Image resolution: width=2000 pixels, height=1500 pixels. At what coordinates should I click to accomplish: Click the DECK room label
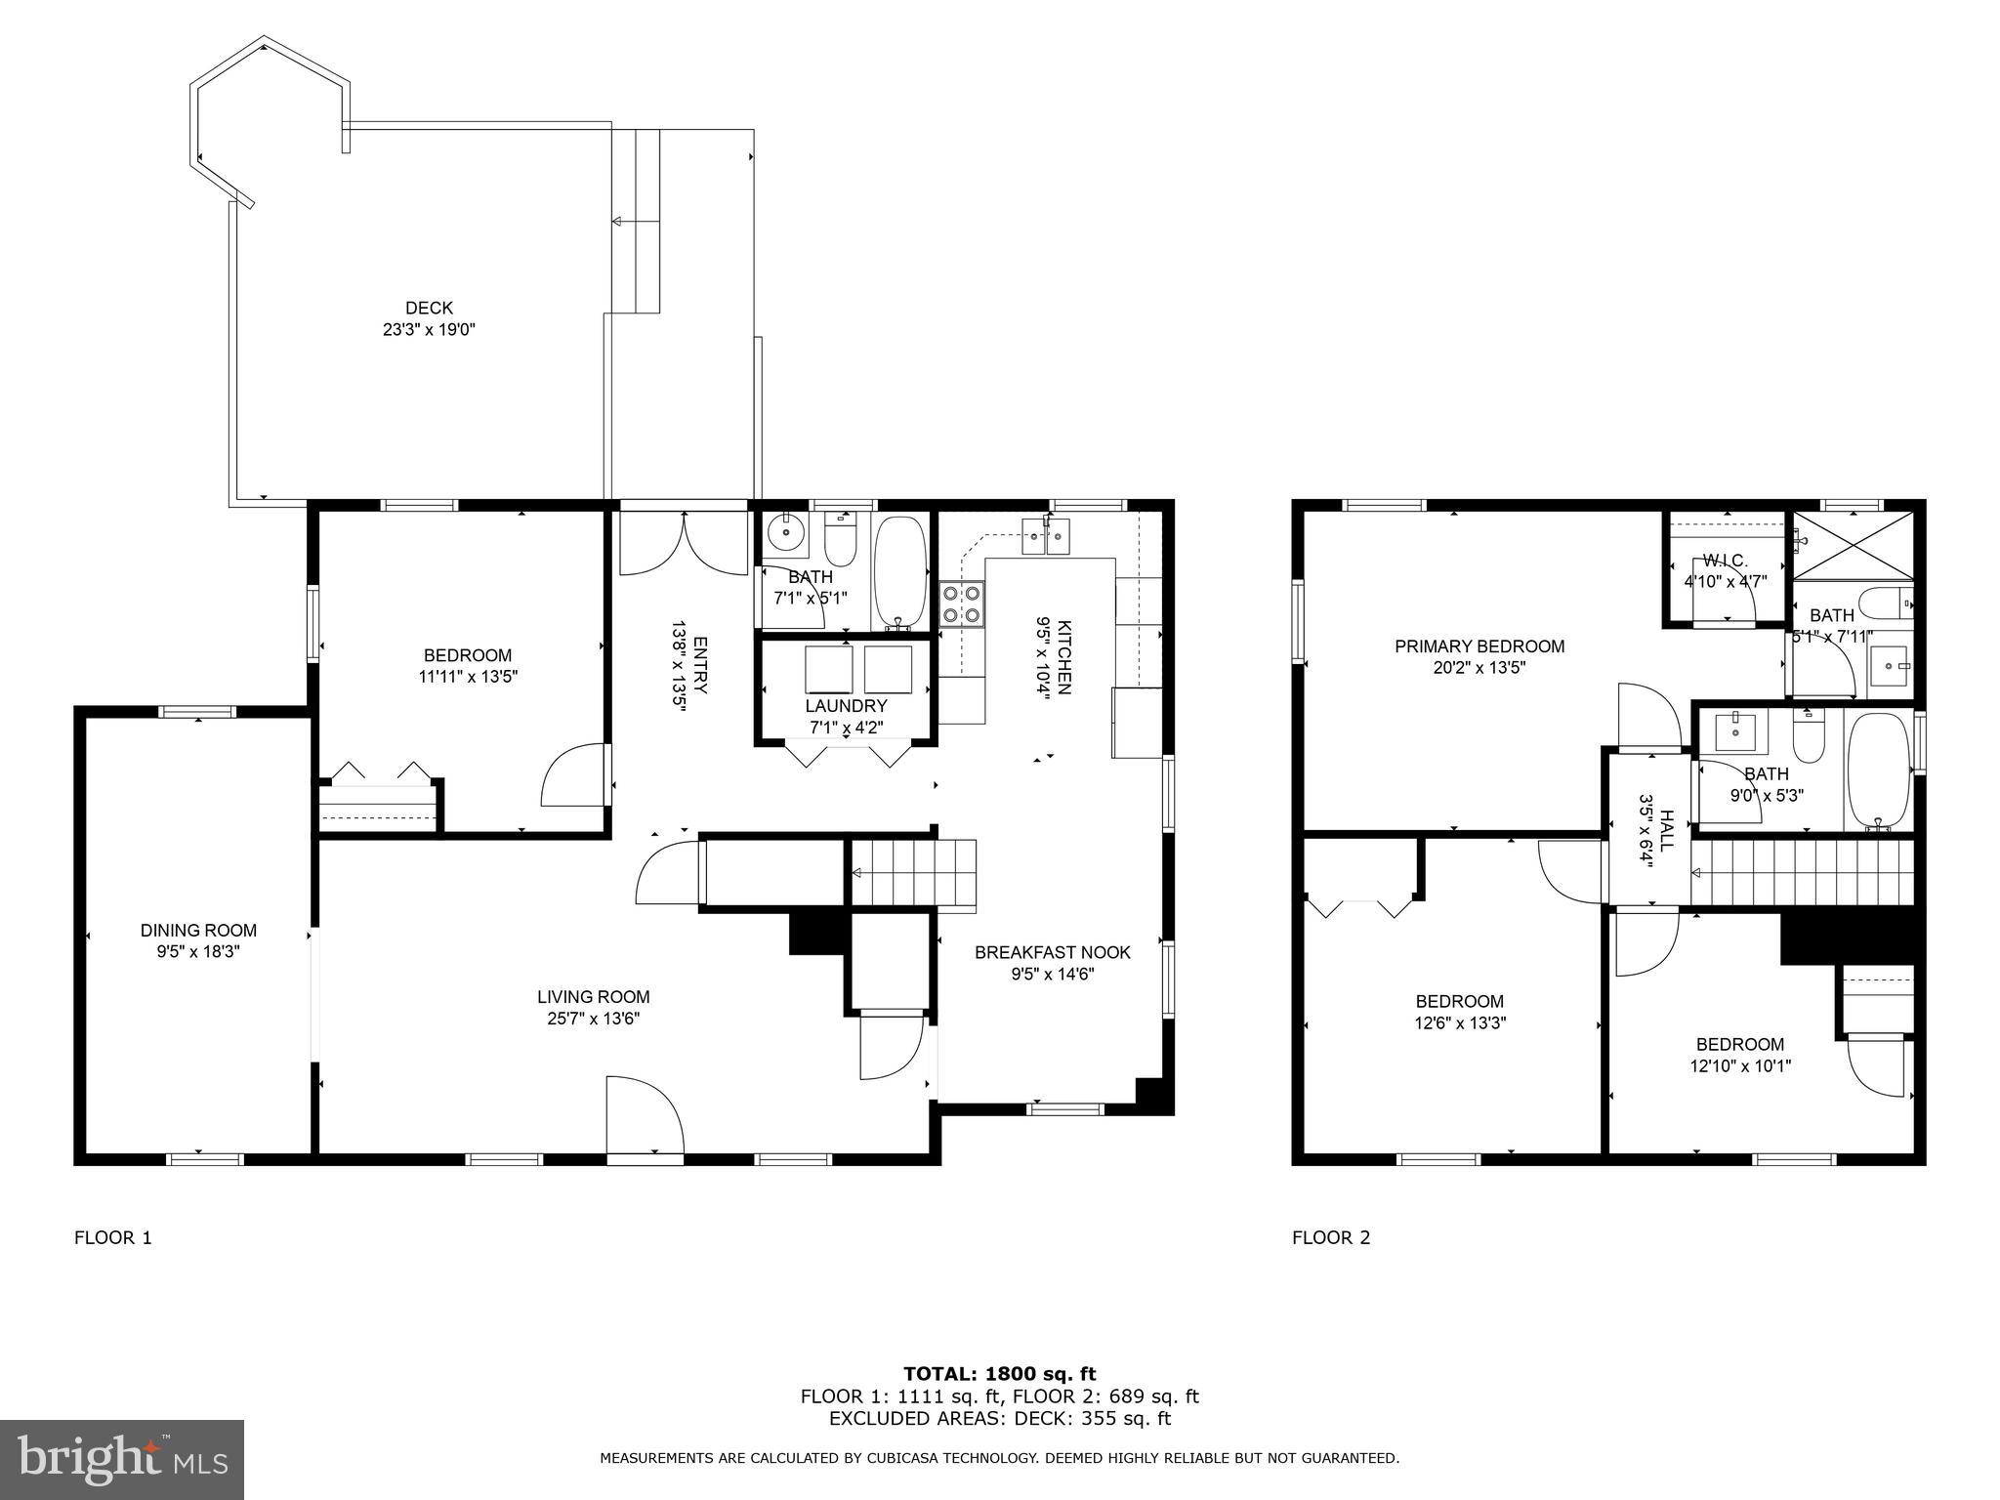(x=429, y=309)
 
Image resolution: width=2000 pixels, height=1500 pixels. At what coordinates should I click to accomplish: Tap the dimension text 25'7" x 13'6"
(x=593, y=1019)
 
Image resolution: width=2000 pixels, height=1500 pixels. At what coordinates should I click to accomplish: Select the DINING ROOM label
(x=198, y=931)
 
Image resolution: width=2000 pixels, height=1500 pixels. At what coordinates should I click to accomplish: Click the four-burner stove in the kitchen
(x=962, y=604)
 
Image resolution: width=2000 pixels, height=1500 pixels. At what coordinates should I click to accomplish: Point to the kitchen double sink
(x=1046, y=536)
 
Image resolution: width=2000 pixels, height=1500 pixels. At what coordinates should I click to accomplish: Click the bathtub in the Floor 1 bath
(x=899, y=571)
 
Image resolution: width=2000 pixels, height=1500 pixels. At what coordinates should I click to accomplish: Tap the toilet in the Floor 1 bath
(x=840, y=537)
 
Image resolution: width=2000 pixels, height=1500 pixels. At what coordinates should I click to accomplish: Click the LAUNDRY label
(x=846, y=706)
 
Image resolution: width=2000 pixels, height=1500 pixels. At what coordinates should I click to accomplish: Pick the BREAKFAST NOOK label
(x=1052, y=952)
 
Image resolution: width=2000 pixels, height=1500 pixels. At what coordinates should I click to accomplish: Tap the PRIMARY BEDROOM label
(x=1479, y=646)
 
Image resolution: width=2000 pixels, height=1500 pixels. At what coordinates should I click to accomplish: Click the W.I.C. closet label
(x=1725, y=561)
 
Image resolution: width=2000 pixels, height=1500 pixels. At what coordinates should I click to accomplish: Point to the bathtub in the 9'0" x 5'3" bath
(x=1877, y=771)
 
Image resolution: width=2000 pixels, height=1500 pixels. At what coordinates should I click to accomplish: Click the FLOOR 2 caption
(x=1330, y=1238)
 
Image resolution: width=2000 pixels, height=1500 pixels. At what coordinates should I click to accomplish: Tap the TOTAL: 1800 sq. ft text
(x=999, y=1375)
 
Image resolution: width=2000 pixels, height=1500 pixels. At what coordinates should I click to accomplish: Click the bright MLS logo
(x=122, y=1459)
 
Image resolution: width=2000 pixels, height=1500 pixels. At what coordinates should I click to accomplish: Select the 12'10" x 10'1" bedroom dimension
(x=1739, y=1066)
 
